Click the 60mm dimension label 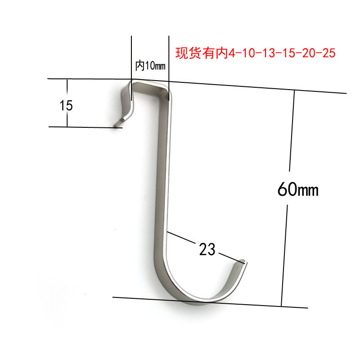(298, 190)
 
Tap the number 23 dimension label (207, 249)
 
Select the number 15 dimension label (66, 106)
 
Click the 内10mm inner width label (150, 66)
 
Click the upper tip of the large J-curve (243, 261)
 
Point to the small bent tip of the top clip (118, 122)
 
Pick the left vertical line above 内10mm (131, 58)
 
